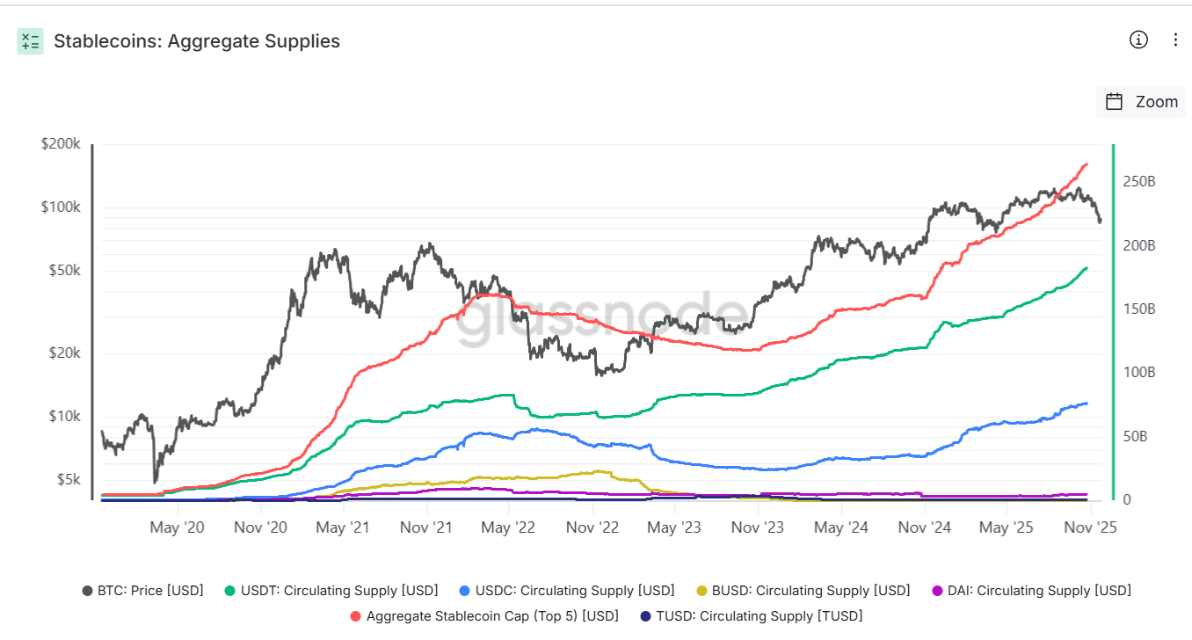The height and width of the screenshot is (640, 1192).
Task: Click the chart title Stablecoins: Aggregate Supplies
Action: click(197, 40)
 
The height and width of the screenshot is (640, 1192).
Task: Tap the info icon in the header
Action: click(1138, 40)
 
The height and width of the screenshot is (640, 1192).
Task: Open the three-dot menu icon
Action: click(1176, 40)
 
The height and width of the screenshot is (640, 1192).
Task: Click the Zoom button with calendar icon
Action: click(1141, 101)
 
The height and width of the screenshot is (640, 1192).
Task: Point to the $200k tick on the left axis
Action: click(61, 143)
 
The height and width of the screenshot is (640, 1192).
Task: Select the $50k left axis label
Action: click(63, 271)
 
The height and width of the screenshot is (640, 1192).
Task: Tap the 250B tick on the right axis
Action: click(1139, 181)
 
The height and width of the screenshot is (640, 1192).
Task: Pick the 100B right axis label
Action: click(1139, 373)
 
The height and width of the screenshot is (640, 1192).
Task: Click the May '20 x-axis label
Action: click(178, 527)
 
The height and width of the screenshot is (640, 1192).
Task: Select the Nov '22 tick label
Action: click(592, 527)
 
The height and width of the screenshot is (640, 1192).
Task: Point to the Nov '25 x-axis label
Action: click(1090, 527)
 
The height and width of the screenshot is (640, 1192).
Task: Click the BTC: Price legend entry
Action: click(142, 591)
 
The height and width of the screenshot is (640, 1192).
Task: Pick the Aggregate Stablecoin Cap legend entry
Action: click(483, 616)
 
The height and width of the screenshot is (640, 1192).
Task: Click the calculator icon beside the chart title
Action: click(30, 40)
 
